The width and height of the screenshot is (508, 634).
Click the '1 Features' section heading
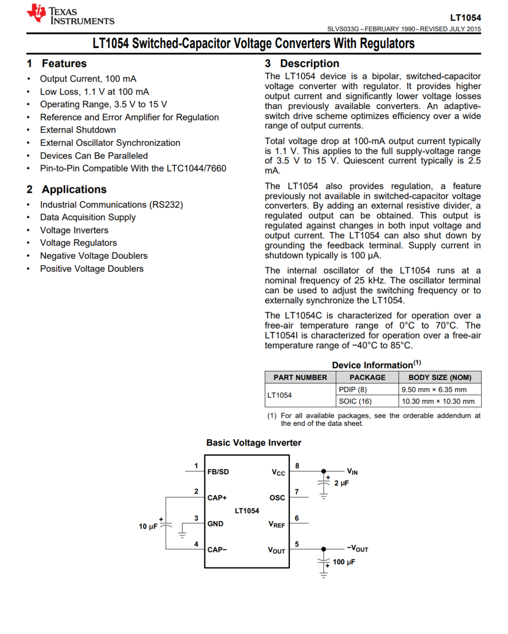coord(57,64)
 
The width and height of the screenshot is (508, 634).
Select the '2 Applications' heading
coord(67,190)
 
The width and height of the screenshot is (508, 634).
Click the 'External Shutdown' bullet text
coord(78,130)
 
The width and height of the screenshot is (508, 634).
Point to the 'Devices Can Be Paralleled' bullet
coord(93,156)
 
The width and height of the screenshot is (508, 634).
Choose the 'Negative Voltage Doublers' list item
coord(93,256)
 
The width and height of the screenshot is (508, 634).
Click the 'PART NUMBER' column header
coord(300,377)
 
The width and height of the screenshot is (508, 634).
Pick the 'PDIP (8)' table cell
coord(353,389)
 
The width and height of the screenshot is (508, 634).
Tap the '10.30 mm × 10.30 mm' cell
coord(438,401)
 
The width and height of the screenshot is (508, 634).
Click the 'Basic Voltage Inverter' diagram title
coord(253,443)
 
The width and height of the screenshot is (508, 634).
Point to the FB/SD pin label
coord(219,471)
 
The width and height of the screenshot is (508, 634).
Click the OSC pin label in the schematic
coord(277,498)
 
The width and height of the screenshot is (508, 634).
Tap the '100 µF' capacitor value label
coord(344,562)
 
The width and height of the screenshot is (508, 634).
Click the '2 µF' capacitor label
coord(342,483)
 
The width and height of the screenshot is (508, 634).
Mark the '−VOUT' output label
coord(357,549)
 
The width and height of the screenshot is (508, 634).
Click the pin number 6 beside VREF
coord(297,518)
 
